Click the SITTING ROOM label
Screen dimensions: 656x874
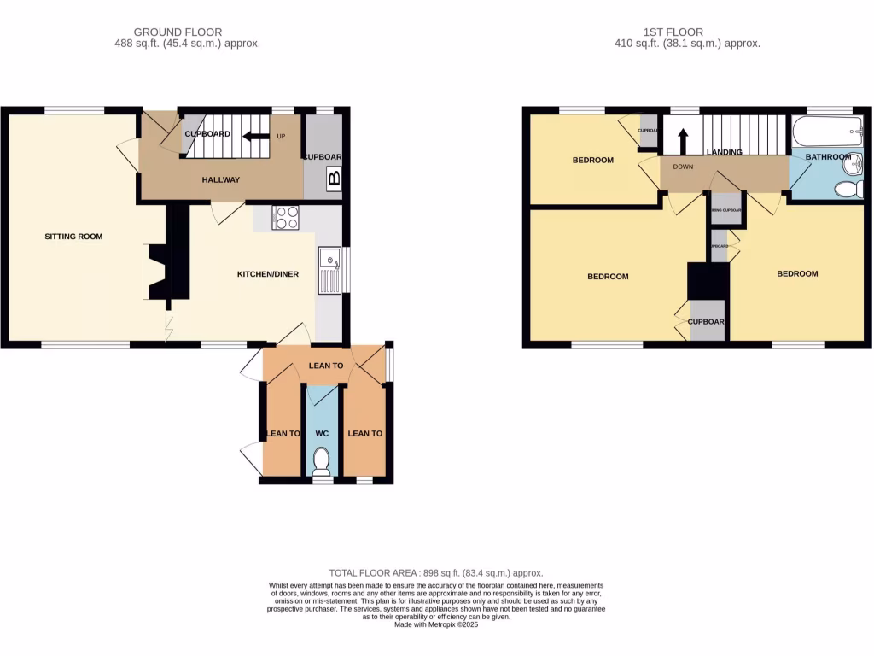click(x=73, y=236)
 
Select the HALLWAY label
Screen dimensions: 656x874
click(x=220, y=179)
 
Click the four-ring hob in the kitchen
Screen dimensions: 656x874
click(x=285, y=218)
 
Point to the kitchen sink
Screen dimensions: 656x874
click(x=329, y=270)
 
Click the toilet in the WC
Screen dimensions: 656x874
click(x=322, y=462)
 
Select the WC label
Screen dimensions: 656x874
click(x=322, y=434)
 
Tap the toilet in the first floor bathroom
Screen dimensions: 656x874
click(x=848, y=189)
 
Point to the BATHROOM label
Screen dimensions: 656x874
click(x=828, y=157)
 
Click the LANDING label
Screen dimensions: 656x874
click(x=724, y=152)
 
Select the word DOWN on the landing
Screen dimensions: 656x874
click(x=683, y=167)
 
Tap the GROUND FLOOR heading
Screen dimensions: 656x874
click(x=187, y=32)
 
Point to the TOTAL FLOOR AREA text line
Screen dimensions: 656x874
click(x=436, y=573)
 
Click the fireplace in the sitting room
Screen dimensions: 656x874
click(x=158, y=272)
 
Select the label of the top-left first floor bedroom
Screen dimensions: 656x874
click(x=592, y=160)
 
